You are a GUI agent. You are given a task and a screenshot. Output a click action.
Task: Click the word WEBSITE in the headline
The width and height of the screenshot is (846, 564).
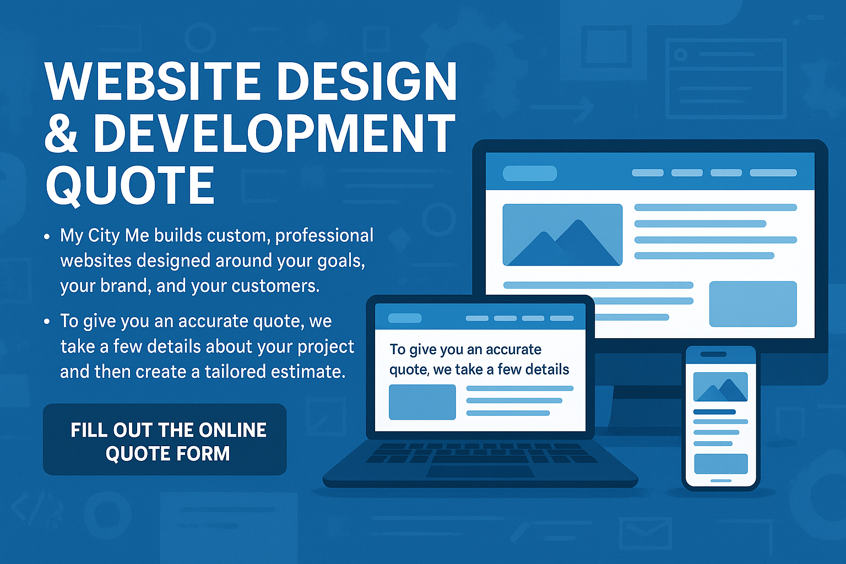click(x=153, y=82)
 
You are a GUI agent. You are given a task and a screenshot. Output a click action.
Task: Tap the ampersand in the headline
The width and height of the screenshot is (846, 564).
click(x=61, y=134)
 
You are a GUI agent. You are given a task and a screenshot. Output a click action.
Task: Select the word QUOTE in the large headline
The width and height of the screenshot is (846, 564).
click(x=130, y=186)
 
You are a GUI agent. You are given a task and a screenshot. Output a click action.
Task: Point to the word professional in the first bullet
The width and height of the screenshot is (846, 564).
click(x=324, y=236)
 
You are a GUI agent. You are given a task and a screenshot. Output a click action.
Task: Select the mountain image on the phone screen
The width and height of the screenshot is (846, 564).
click(x=720, y=387)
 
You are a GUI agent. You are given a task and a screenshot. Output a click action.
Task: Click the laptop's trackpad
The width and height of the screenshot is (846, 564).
click(x=480, y=471)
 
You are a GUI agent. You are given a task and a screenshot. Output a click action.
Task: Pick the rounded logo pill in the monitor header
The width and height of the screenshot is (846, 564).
click(x=530, y=173)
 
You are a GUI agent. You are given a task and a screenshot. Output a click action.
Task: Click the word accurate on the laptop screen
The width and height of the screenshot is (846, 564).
click(x=514, y=350)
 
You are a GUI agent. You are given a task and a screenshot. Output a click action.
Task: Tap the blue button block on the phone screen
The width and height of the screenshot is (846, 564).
click(x=720, y=464)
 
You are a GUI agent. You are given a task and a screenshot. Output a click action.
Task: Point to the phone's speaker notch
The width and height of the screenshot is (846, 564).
click(x=713, y=354)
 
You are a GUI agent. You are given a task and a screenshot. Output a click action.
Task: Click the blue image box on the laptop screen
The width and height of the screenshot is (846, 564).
click(x=422, y=402)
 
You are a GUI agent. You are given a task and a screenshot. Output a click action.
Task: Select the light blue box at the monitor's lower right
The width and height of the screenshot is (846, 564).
click(x=752, y=304)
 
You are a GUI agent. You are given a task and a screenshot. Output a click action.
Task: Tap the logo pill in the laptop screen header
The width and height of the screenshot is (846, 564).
click(x=405, y=318)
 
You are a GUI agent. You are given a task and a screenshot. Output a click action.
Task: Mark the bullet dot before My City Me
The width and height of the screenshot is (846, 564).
click(x=47, y=237)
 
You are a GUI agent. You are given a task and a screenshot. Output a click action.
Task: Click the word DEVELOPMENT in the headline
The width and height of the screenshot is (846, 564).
click(x=274, y=134)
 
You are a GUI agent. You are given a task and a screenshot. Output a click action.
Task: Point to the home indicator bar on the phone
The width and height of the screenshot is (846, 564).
click(x=720, y=481)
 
